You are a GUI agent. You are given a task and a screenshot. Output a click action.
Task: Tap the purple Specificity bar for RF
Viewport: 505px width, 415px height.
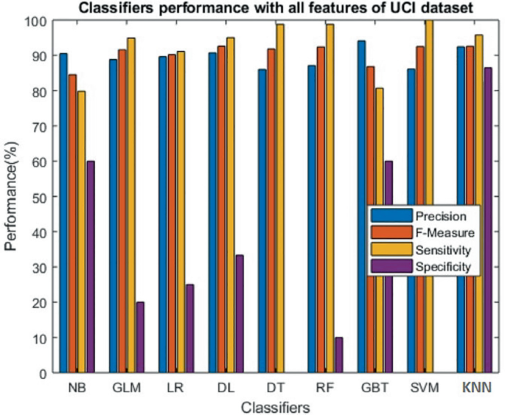tap(339, 355)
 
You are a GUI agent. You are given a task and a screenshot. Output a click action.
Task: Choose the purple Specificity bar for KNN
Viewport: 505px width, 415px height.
tap(488, 220)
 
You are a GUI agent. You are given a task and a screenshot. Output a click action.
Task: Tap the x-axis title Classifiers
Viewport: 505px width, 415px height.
tap(274, 406)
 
